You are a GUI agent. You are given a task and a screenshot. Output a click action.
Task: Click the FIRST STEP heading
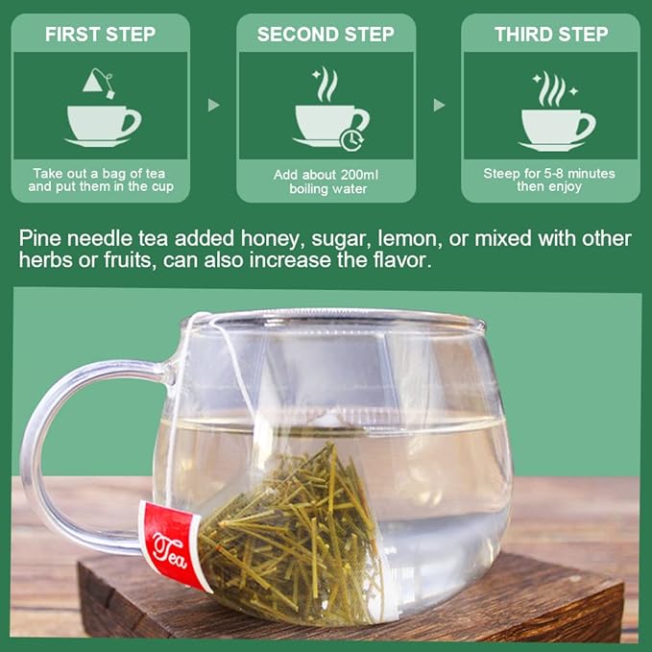click(x=101, y=35)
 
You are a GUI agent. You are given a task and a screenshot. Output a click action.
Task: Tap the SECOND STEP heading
click(x=326, y=35)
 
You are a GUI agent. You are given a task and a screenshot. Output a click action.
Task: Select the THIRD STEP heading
click(x=550, y=35)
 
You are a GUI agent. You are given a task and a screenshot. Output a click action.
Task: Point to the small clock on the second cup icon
click(x=351, y=140)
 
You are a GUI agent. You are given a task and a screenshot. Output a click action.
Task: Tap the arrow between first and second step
click(x=214, y=105)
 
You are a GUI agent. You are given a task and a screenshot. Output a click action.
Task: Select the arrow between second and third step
click(x=439, y=105)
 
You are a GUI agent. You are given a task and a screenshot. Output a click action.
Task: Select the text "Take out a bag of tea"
click(x=101, y=174)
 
